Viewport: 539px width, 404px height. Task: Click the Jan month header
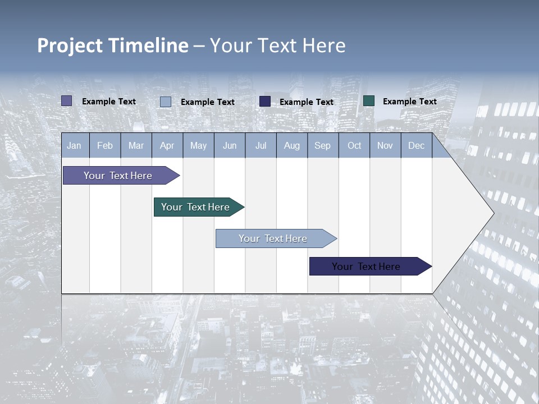(74, 145)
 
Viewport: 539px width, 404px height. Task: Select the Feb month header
(105, 145)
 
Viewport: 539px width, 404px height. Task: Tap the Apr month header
(167, 145)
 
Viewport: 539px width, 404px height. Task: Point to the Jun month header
(230, 145)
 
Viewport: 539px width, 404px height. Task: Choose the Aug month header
(292, 145)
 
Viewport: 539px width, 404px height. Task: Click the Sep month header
(323, 145)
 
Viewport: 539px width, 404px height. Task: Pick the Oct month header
(354, 145)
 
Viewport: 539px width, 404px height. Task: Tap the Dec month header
(417, 145)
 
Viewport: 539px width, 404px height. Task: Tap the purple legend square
(67, 101)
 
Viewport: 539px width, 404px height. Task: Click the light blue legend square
(166, 102)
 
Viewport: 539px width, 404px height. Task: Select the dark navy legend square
(265, 102)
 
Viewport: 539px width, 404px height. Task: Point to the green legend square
(369, 101)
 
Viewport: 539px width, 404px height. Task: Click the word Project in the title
(70, 45)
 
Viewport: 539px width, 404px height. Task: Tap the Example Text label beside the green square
(410, 102)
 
